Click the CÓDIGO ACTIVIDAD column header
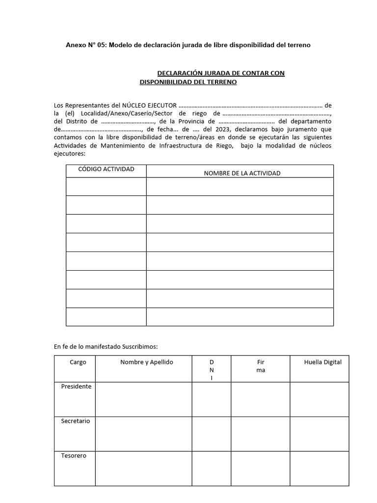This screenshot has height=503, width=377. (106, 169)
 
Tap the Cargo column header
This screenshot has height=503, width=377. (78, 362)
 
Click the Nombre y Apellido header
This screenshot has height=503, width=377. (147, 362)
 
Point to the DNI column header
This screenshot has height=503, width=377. (212, 369)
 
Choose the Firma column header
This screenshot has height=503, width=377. (260, 366)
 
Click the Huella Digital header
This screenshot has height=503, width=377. (323, 362)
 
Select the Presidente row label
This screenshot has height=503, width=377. (76, 387)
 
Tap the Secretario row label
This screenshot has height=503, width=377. (76, 421)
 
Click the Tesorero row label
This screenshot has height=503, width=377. (74, 455)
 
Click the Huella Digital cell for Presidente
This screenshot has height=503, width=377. (319, 399)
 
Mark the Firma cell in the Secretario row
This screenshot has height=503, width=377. (260, 434)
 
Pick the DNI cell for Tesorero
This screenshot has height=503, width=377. (211, 468)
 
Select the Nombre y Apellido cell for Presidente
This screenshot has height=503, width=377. (143, 399)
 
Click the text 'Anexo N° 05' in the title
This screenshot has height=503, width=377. (86, 45)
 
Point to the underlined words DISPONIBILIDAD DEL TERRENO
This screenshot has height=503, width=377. (188, 82)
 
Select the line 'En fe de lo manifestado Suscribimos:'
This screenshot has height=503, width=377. (106, 346)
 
